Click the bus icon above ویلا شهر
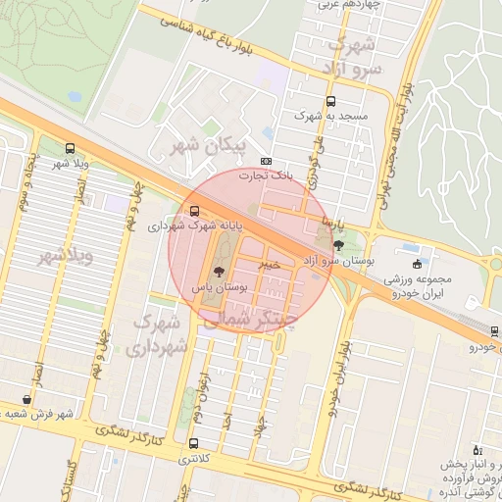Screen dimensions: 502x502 (69, 149)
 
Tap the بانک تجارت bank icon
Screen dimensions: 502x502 (266, 162)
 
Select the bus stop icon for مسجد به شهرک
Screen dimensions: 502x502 (328, 101)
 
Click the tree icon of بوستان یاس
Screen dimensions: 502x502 (218, 271)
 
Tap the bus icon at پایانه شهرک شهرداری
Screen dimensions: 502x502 (194, 211)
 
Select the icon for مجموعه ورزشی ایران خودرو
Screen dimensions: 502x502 (419, 264)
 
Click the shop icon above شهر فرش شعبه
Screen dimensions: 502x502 (25, 400)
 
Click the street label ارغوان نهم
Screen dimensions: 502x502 (203, 375)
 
